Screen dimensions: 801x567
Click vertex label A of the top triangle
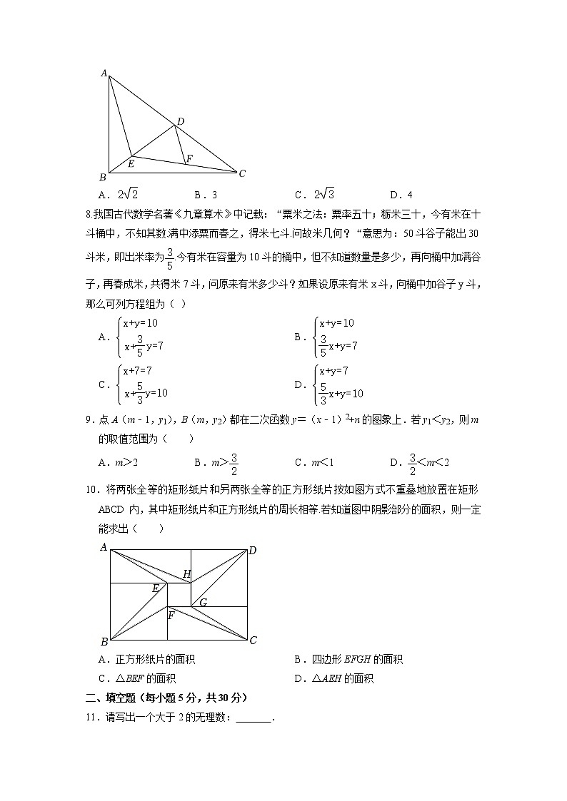click(x=104, y=73)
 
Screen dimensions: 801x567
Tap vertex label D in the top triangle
click(x=181, y=122)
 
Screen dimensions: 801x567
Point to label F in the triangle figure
click(x=189, y=158)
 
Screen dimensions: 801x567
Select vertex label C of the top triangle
click(x=242, y=173)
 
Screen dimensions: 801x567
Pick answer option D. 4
click(x=401, y=195)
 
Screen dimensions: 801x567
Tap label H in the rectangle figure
click(x=187, y=574)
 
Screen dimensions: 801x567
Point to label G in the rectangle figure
click(x=203, y=603)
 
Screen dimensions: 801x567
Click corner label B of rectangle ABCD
click(x=104, y=641)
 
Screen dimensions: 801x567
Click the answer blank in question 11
click(x=254, y=718)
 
